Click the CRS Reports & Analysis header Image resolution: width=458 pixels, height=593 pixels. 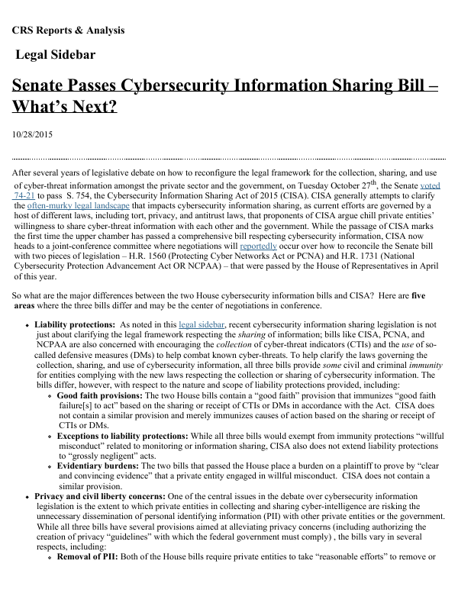[x=68, y=31]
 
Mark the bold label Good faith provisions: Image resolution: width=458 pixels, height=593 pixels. [x=100, y=396]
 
